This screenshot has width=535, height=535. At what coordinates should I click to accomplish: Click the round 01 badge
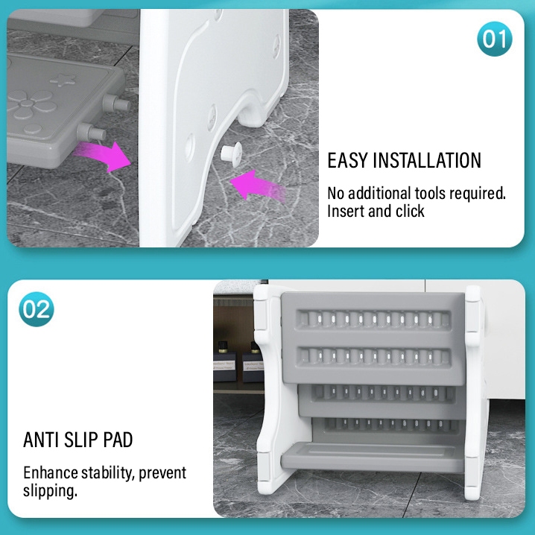point(495,39)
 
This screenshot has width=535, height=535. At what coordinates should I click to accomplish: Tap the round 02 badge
point(37,309)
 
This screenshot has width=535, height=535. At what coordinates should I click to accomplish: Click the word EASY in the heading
point(347,160)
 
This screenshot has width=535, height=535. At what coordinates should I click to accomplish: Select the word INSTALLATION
point(427,160)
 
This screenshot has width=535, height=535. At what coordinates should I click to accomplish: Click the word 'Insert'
point(346,211)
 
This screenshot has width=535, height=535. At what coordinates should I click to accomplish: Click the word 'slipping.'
point(51,491)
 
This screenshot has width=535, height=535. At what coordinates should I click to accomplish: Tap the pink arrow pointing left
point(258,186)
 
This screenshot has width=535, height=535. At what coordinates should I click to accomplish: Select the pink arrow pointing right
point(103,156)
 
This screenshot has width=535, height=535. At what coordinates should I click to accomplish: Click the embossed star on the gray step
point(63,79)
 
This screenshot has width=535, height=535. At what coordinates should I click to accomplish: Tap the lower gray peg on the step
point(91,132)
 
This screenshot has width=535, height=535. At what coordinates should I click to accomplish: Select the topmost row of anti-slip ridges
point(373,319)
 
